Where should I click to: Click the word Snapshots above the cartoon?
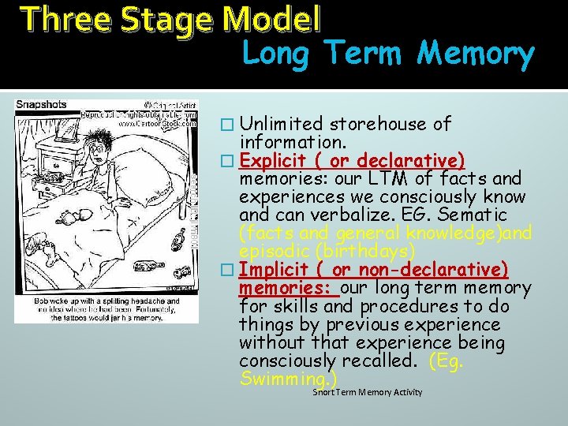coord(42,105)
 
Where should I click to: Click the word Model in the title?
coord(273,18)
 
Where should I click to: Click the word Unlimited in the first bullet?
coord(282,124)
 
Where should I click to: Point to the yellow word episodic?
coord(274,251)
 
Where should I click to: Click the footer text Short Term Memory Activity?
coord(367,392)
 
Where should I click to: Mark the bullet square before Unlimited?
coord(226,125)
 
